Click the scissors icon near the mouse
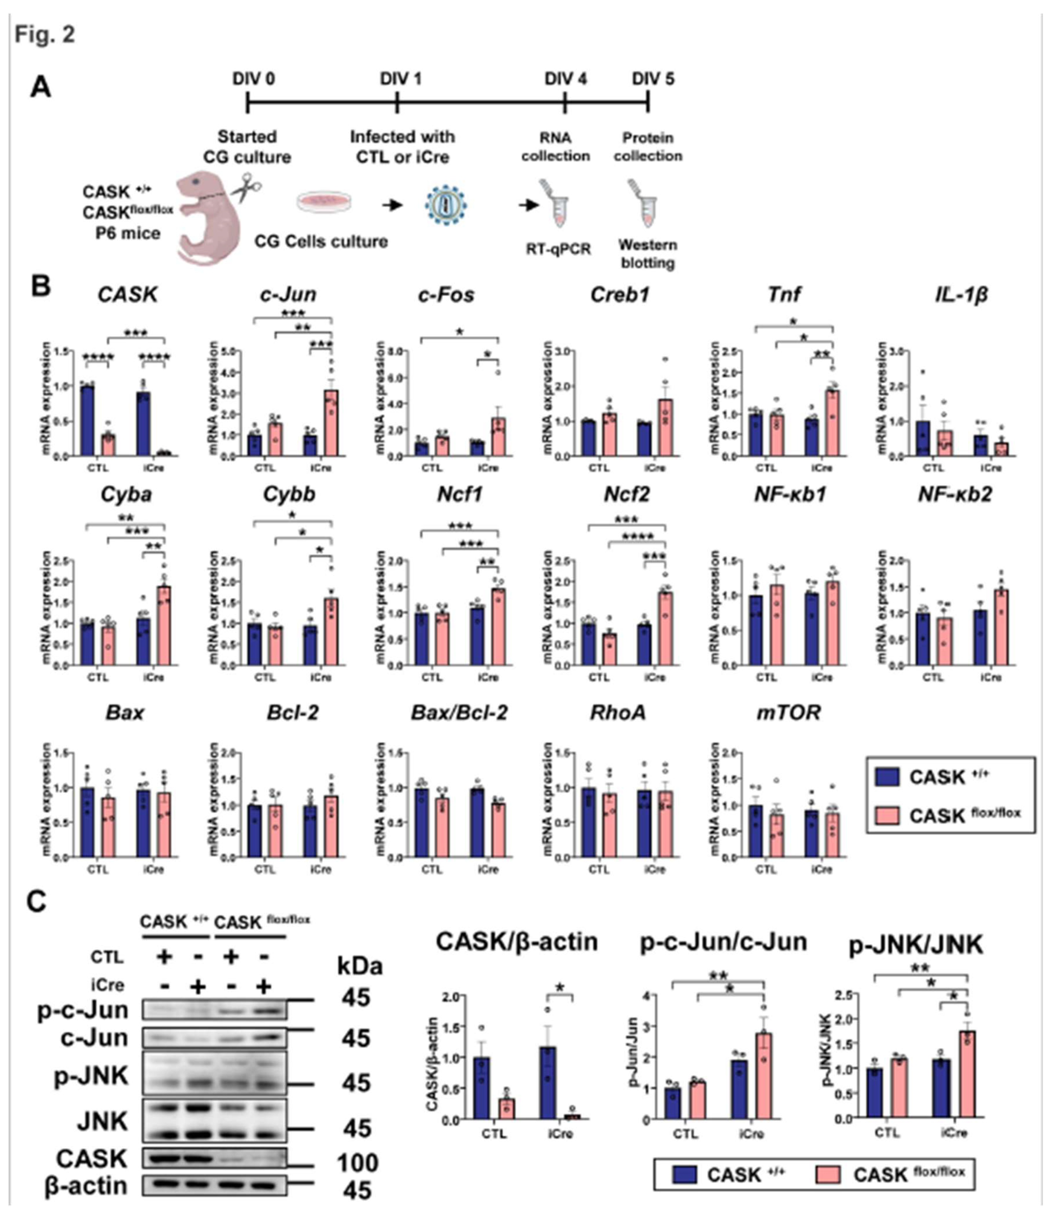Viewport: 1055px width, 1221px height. click(247, 188)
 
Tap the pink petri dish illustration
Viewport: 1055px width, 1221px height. click(324, 202)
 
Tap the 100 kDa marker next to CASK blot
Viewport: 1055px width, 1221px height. click(357, 1163)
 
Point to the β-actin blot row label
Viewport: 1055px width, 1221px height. click(85, 1186)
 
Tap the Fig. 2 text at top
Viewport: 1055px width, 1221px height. click(45, 34)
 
